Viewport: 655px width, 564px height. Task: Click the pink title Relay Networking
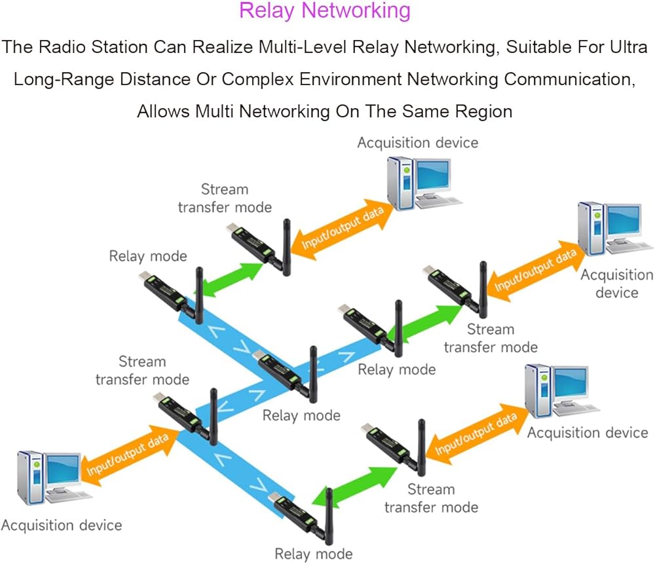click(325, 11)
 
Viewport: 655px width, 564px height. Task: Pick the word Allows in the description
click(164, 111)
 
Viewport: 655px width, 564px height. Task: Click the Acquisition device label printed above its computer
click(417, 142)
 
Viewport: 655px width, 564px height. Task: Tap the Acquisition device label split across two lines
click(616, 283)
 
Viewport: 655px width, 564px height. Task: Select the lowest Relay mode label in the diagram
click(314, 554)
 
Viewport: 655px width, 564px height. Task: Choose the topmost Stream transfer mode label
click(225, 198)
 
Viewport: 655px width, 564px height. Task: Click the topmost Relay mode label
click(147, 255)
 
